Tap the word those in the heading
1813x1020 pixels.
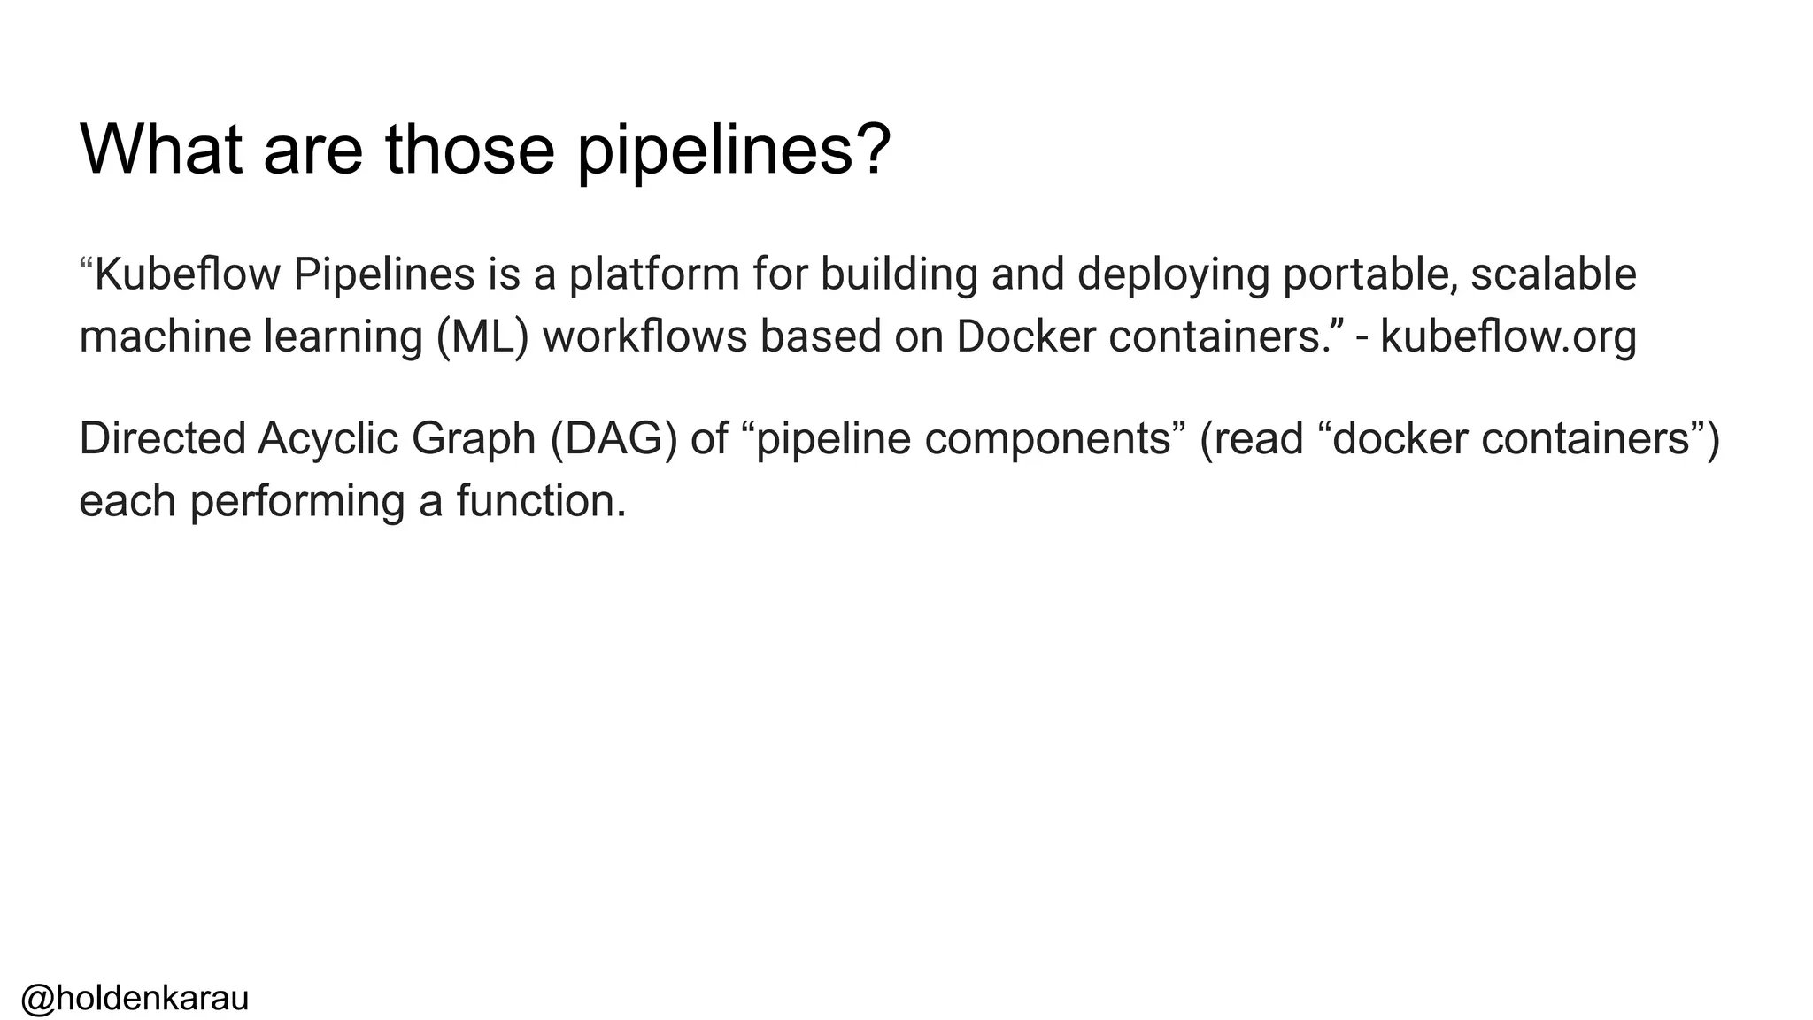point(469,149)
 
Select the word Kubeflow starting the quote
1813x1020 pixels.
point(187,274)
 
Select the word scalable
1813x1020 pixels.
point(1554,274)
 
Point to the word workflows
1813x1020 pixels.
point(644,336)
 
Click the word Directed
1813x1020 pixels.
point(161,438)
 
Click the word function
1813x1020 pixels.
point(541,501)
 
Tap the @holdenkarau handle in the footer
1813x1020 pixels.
point(135,998)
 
